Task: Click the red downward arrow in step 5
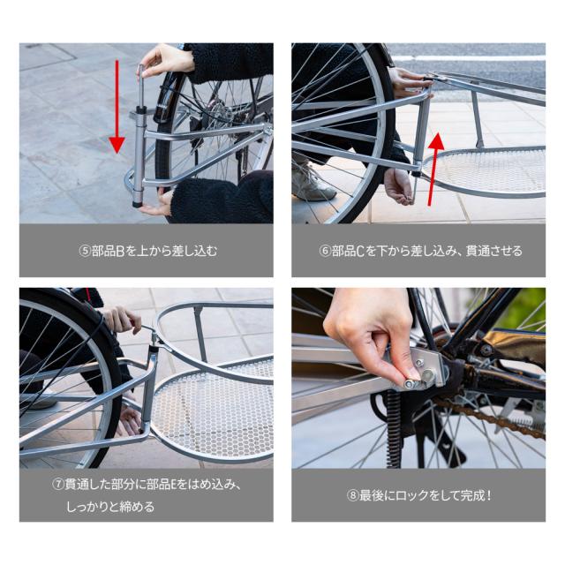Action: tap(117, 107)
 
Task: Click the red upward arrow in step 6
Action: tap(433, 169)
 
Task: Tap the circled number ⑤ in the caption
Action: tap(85, 251)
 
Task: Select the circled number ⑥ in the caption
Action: tap(325, 251)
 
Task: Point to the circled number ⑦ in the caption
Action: tap(58, 485)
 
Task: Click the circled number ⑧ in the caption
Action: tap(353, 496)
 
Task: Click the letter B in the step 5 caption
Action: tap(120, 251)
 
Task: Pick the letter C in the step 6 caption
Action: tap(360, 251)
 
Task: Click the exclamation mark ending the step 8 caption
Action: tap(488, 496)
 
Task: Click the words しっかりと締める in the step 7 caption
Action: tap(110, 507)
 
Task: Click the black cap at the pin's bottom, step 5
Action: tap(137, 204)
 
